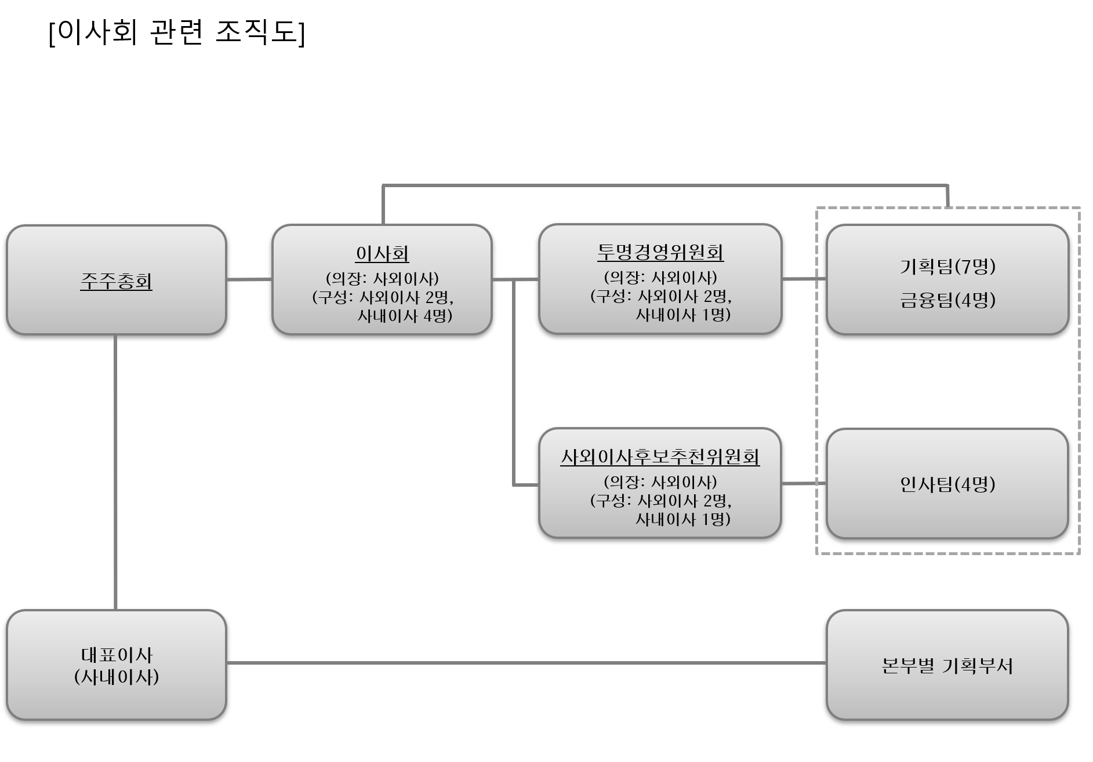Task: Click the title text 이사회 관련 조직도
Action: pyautogui.click(x=177, y=33)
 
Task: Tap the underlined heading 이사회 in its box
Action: pyautogui.click(x=382, y=254)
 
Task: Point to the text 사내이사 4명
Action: pyautogui.click(x=404, y=316)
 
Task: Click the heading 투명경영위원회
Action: pyautogui.click(x=660, y=253)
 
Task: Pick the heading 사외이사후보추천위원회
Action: pyautogui.click(x=660, y=457)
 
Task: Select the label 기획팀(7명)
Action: pyautogui.click(x=947, y=266)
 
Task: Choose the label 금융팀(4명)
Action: pyautogui.click(x=947, y=300)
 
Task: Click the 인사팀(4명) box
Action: pyautogui.click(x=947, y=484)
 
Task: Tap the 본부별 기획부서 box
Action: pyautogui.click(x=947, y=666)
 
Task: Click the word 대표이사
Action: pyautogui.click(x=117, y=655)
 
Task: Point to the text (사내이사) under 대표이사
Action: pyautogui.click(x=117, y=677)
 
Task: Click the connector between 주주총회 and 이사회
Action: pyautogui.click(x=249, y=279)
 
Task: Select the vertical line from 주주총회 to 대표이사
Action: pyautogui.click(x=115, y=472)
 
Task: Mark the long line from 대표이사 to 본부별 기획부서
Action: pyautogui.click(x=525, y=662)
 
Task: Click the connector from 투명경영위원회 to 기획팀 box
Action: pyautogui.click(x=804, y=279)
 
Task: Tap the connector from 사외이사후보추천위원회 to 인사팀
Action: pyautogui.click(x=804, y=483)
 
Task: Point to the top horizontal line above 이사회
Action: pyautogui.click(x=665, y=185)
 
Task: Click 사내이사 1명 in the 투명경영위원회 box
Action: pyautogui.click(x=682, y=315)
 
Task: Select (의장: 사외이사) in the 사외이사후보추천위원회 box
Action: pyautogui.click(x=660, y=482)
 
